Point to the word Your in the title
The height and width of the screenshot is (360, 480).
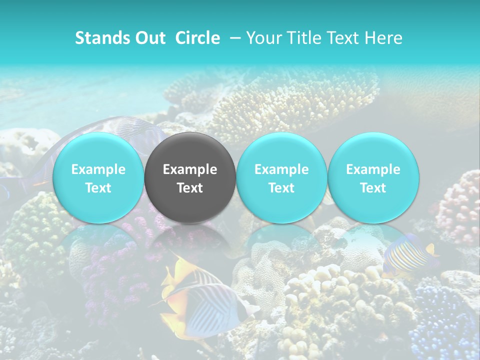tap(263, 38)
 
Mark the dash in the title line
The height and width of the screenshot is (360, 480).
tap(234, 38)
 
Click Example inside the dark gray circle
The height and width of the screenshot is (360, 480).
tap(190, 169)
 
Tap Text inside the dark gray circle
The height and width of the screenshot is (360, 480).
tap(190, 188)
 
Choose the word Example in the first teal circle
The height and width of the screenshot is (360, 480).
tap(98, 169)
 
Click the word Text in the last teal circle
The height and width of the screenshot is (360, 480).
tap(373, 188)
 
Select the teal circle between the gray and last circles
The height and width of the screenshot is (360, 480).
tap(281, 177)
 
